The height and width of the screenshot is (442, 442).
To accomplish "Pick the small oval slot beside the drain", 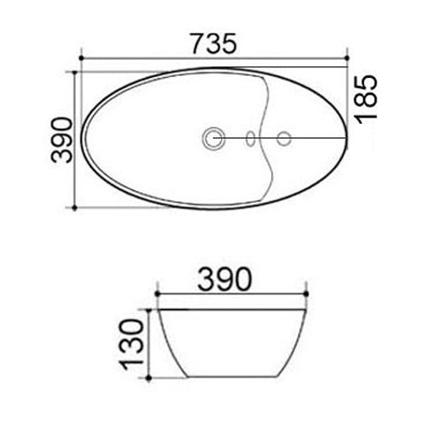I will coord(251,137).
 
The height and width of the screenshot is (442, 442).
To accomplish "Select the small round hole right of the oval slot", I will coord(284,137).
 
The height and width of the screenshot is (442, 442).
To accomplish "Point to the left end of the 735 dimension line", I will coord(81,59).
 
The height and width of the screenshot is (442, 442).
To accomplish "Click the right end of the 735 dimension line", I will coord(347,59).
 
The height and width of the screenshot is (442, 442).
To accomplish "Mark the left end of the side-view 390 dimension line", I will coord(156,293).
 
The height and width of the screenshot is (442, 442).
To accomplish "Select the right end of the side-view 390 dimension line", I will coord(306,293).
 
